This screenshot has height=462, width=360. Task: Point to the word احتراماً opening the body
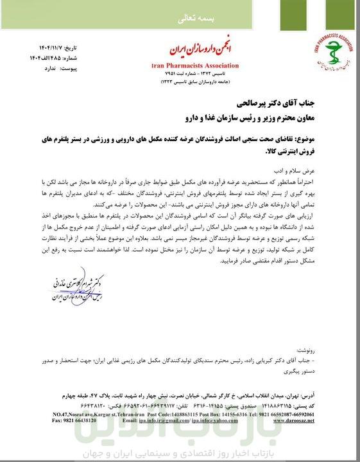point(334,182)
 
